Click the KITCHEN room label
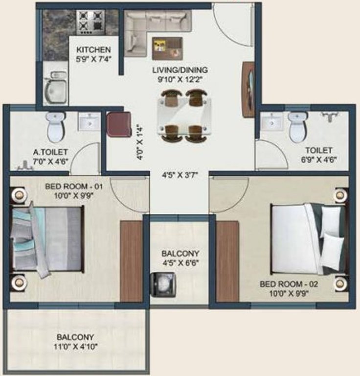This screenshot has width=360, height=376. [93, 50]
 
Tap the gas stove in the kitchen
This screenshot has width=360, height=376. [90, 22]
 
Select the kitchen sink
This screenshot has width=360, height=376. [55, 88]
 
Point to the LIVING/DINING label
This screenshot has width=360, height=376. [180, 70]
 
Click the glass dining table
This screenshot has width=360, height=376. [184, 116]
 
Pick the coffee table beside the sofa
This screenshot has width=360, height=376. [167, 48]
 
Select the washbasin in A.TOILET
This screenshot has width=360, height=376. [90, 122]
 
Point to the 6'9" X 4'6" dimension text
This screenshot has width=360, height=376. [319, 159]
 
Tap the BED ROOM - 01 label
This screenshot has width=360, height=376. [74, 187]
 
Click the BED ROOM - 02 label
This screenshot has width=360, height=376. [289, 284]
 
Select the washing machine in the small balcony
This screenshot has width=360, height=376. [163, 285]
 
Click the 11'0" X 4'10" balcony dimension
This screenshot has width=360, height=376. [75, 347]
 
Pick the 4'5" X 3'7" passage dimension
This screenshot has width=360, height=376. [180, 175]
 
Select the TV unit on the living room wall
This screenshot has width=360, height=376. [248, 89]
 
